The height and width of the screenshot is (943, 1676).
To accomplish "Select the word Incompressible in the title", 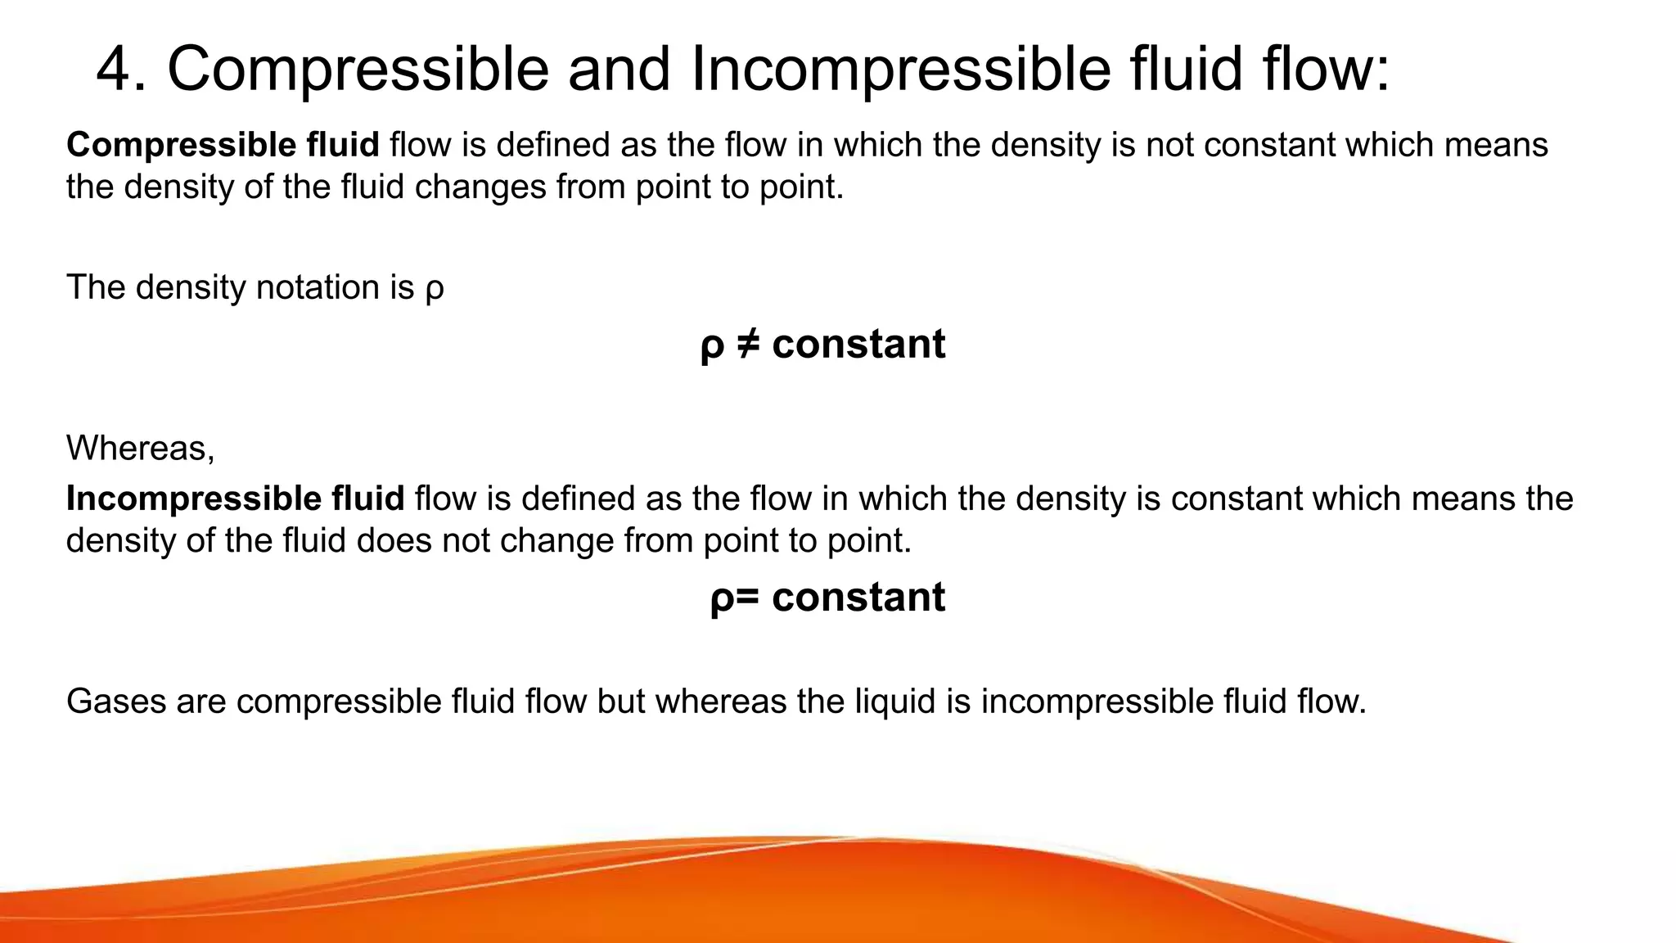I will click(901, 70).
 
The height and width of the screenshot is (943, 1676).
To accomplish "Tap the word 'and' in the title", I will click(620, 70).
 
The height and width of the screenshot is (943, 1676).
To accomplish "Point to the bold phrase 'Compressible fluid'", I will click(223, 145).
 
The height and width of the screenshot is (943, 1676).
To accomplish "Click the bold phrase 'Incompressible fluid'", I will click(235, 499).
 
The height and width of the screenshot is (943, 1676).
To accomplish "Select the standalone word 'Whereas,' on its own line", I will click(140, 449).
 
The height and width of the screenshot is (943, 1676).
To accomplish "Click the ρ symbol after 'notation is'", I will click(435, 290).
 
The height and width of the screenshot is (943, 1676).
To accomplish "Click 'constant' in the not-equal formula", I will click(858, 344).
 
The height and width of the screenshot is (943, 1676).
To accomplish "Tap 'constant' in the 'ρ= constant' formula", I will click(858, 598).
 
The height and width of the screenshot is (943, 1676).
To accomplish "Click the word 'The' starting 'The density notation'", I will click(95, 288).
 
